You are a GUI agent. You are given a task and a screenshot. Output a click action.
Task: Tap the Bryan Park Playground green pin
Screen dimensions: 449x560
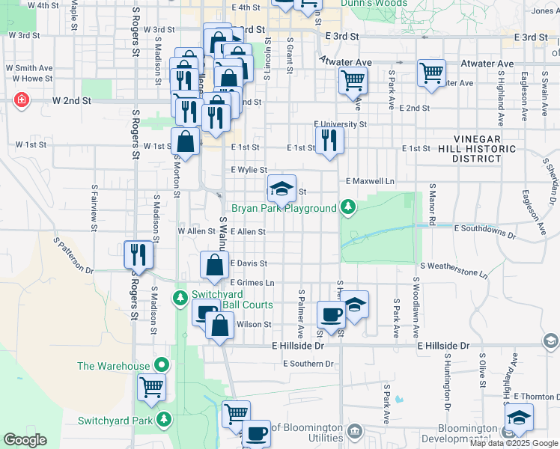347,206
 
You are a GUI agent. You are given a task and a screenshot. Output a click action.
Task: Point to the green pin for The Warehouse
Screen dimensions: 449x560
162,366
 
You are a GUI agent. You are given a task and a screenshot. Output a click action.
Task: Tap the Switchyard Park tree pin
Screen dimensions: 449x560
162,420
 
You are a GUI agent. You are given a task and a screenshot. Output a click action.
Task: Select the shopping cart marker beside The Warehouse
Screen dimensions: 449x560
151,388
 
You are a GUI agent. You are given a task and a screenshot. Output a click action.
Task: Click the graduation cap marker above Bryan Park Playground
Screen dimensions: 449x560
282,189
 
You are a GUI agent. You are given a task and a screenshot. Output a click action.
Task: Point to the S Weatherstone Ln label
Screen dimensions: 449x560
454,269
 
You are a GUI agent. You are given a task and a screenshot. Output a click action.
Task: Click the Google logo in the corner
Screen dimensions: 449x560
25,440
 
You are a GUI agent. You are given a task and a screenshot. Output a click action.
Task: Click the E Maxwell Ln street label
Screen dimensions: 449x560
370,181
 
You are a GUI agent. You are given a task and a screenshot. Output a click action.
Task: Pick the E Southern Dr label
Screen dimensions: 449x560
308,364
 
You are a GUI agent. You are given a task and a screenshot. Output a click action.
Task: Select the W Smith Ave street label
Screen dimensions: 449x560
29,67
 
